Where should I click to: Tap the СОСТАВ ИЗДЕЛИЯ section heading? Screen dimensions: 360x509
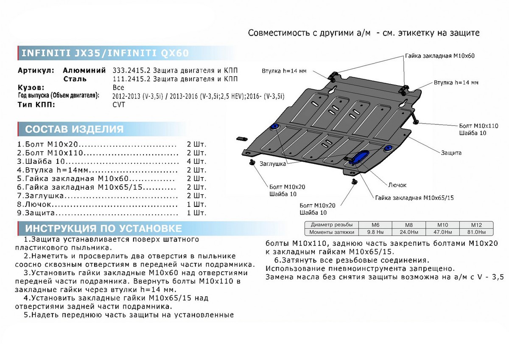point(74,129)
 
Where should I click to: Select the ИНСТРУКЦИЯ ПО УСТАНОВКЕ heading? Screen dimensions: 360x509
point(103,228)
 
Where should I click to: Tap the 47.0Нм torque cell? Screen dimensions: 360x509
point(446,232)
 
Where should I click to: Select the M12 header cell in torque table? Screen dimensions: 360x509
point(476,225)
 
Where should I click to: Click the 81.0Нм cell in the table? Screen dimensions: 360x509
point(476,232)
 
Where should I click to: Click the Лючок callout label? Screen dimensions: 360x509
point(397,185)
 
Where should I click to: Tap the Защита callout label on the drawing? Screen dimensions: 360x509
point(451,153)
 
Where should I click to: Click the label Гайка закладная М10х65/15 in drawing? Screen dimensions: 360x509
point(414,198)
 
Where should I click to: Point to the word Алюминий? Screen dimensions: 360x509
point(84,70)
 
